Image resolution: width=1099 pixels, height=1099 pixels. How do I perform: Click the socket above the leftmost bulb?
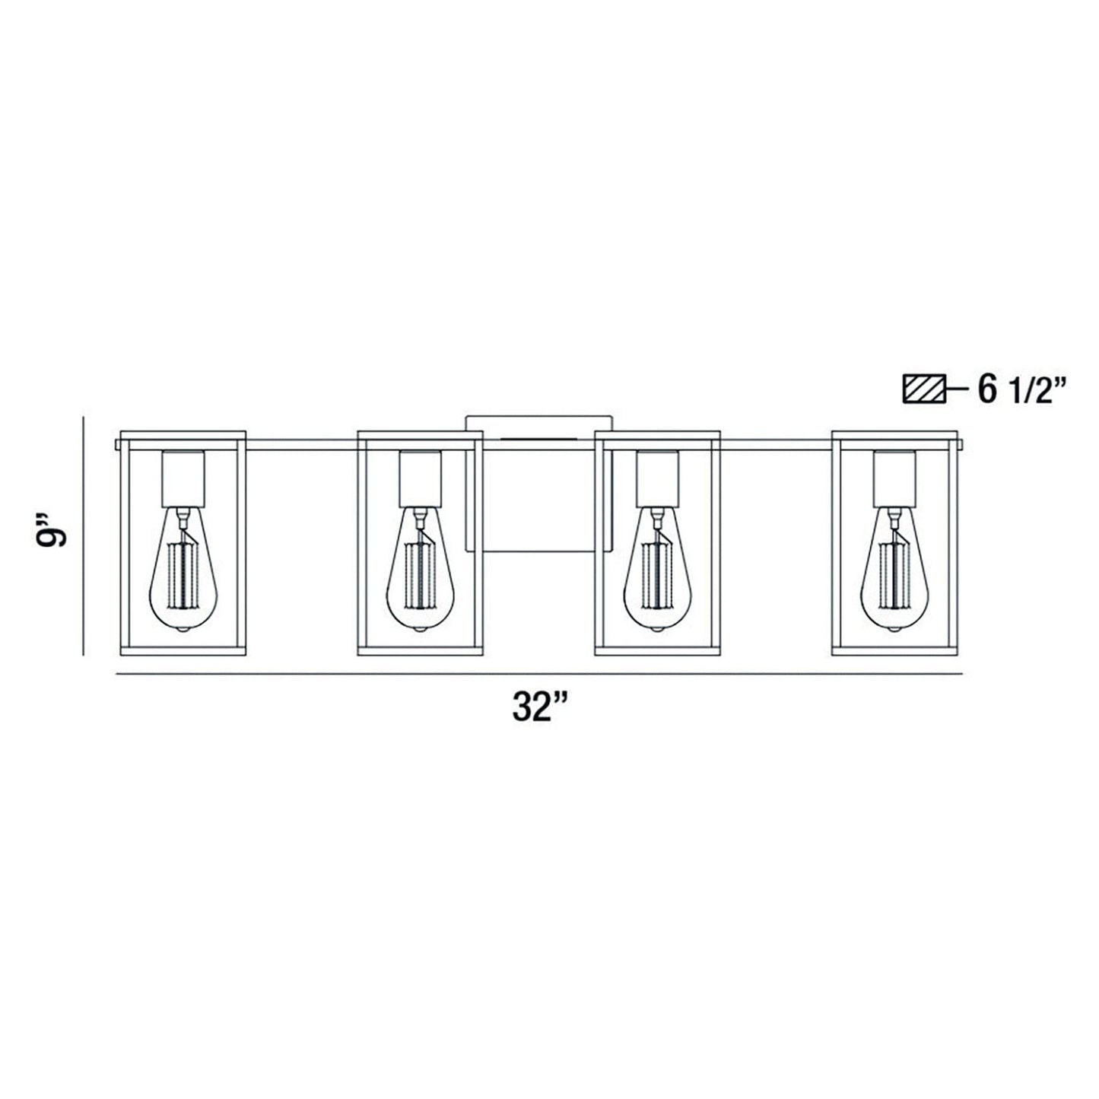(x=183, y=478)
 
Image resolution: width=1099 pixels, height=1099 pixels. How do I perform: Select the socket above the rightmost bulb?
(x=894, y=478)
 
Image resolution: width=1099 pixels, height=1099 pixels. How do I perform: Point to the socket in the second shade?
(x=420, y=478)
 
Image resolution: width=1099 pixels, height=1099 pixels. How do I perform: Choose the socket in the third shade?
(x=656, y=478)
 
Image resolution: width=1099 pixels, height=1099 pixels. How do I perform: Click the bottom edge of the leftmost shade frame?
(x=183, y=650)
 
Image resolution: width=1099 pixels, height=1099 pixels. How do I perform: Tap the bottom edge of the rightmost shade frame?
(x=894, y=650)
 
